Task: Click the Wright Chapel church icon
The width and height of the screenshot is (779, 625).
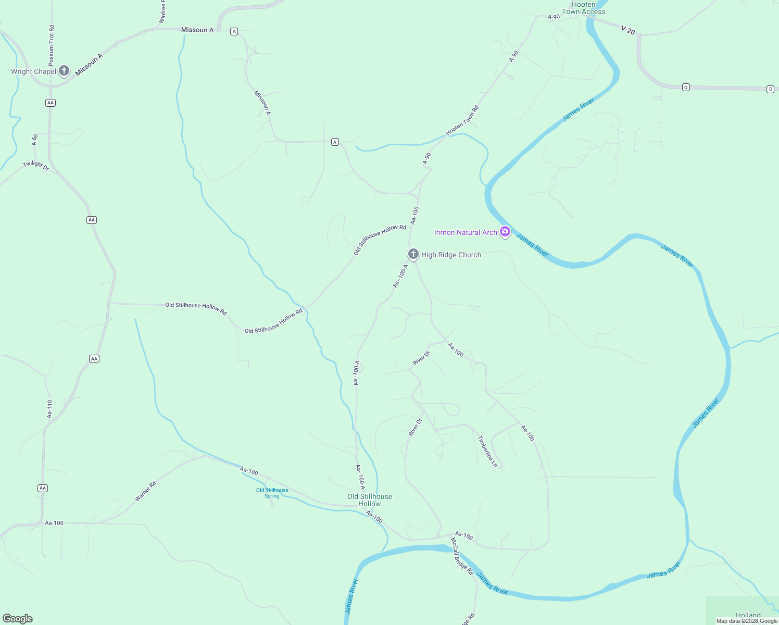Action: coord(64,71)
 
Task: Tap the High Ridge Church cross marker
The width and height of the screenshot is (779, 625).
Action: coord(413,254)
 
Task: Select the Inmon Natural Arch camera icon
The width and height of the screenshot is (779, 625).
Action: coord(505,232)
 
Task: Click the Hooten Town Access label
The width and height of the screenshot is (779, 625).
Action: coord(583,8)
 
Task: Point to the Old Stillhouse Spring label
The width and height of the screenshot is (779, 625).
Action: coord(272,493)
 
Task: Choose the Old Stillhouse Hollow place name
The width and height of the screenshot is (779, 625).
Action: coord(370,500)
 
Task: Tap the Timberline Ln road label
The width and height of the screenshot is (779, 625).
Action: coord(487,451)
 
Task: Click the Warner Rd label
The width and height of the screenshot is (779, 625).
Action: coord(145,491)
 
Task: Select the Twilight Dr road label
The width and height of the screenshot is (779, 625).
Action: coord(36,166)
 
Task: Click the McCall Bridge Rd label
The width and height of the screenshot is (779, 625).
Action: coord(462,556)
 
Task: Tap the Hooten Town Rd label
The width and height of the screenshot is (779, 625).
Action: coord(462,120)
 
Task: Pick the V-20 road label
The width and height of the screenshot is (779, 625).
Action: coord(629,30)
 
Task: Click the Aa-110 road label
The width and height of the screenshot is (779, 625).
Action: coord(49,409)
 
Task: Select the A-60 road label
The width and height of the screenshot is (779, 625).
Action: coord(34,140)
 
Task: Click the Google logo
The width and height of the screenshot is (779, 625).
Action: coord(18,618)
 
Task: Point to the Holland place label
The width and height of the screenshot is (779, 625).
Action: coord(748,615)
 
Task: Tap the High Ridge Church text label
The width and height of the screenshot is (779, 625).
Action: coord(451,255)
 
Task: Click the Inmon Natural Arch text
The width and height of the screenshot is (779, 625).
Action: coord(466,232)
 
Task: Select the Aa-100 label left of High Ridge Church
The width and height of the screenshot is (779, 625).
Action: coord(414,215)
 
